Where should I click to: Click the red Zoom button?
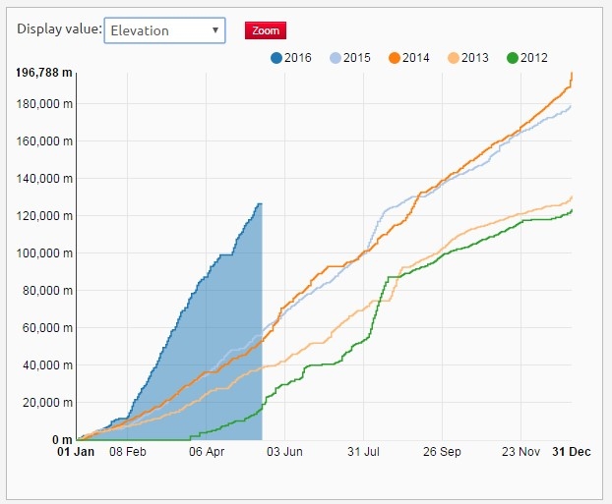[x=265, y=30]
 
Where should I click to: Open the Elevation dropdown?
[x=164, y=30]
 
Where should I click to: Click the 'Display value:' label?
[x=59, y=29]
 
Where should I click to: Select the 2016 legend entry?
[x=290, y=58]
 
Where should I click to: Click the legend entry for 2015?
[x=349, y=58]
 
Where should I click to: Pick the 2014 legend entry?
[x=408, y=58]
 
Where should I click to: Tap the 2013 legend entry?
[x=467, y=58]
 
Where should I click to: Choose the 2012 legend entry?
[x=526, y=58]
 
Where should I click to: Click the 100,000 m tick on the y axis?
[x=43, y=253]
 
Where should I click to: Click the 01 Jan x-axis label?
[x=76, y=453]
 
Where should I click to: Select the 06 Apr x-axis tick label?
[x=207, y=453]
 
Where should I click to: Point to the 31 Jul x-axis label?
[x=363, y=453]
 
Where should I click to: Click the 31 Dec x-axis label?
[x=571, y=453]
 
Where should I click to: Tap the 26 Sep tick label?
[x=442, y=453]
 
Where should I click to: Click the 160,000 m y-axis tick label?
[x=43, y=141]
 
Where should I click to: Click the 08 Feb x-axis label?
[x=128, y=453]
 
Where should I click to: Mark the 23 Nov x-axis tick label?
[x=520, y=453]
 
